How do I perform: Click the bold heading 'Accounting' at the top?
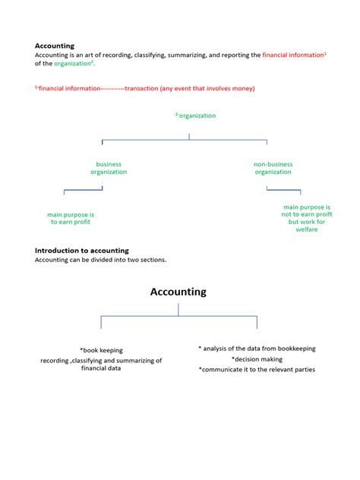(x=55, y=46)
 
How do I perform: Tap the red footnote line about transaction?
(x=145, y=88)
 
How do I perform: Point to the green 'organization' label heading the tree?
(x=197, y=115)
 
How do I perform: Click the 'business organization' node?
(x=109, y=168)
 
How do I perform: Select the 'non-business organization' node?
(x=273, y=168)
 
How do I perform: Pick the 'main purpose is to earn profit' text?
(x=71, y=218)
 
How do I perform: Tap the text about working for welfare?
(x=306, y=218)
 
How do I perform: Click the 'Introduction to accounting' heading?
(x=82, y=250)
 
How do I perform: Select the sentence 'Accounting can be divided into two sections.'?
(x=100, y=260)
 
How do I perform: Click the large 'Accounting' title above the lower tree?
(x=178, y=292)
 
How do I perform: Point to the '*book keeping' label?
(x=101, y=350)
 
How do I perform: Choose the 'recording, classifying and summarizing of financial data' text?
(x=101, y=364)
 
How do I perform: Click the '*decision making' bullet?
(x=257, y=359)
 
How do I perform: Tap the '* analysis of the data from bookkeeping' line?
(x=257, y=349)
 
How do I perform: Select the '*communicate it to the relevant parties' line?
(x=257, y=370)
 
